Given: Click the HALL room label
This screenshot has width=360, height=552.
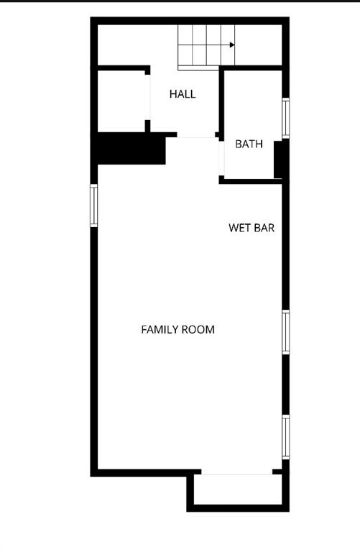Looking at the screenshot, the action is click(183, 94).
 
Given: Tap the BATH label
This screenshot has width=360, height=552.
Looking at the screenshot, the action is click(249, 144).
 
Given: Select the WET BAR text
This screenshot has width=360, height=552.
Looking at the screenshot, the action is click(251, 228).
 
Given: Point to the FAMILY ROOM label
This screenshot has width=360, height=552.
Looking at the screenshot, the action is click(177, 329).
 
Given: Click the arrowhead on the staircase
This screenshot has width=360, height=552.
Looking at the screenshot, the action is click(232, 45).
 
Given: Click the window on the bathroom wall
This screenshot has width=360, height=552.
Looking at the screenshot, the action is click(286, 118).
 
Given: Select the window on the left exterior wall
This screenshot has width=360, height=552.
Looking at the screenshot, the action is click(93, 206).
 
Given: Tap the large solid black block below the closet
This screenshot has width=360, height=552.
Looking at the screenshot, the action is click(131, 148).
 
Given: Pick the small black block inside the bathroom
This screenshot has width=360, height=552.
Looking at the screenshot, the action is click(278, 160).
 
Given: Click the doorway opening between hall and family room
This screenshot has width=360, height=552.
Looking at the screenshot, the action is click(196, 135).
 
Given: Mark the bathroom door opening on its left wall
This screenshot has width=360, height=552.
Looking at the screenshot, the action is click(221, 158).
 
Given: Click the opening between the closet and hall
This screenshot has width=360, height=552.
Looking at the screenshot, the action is click(148, 97).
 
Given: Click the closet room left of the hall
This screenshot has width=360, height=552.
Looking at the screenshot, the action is click(121, 101).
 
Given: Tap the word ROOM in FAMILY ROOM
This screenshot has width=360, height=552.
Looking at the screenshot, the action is click(198, 329).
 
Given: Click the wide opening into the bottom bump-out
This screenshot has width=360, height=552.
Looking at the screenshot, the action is click(237, 472).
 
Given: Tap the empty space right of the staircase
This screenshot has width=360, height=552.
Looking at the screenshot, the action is click(258, 45).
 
